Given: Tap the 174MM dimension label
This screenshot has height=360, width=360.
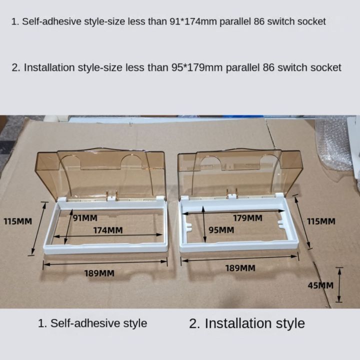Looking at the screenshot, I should tap(107, 230).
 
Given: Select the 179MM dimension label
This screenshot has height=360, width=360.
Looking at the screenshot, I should tap(247, 218).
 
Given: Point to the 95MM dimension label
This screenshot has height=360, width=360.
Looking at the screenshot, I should tap(220, 230).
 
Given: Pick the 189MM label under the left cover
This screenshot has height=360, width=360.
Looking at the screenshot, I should tap(99, 273).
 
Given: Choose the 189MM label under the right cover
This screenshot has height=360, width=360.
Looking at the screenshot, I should tap(240, 268).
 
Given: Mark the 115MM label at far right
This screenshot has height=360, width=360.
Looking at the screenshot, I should tap(320, 221).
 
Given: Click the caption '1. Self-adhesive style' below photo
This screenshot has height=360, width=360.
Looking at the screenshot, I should tap(92, 323).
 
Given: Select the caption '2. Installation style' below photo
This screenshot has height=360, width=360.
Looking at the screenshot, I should tap(247, 323).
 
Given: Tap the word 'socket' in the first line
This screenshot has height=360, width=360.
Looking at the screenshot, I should tap(310, 21).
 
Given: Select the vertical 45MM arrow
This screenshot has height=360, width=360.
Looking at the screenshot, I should tap(340, 285).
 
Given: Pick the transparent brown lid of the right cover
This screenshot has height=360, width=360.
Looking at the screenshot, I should tap(240, 170).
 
